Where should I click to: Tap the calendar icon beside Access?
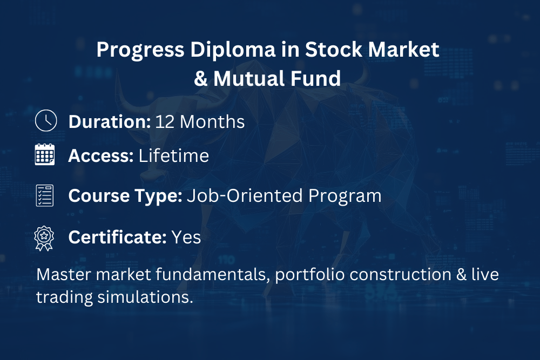click(45, 154)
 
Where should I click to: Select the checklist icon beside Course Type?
click(45, 195)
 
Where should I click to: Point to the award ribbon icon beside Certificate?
click(44, 239)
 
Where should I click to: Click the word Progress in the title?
click(140, 50)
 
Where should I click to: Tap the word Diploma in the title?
click(233, 50)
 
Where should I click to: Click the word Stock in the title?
click(333, 49)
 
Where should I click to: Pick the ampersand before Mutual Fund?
click(200, 79)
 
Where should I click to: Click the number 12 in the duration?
click(165, 122)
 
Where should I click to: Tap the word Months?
click(212, 121)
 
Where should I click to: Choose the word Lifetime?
click(173, 155)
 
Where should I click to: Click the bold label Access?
click(101, 155)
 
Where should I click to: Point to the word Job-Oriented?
click(245, 195)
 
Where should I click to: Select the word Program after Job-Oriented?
click(345, 196)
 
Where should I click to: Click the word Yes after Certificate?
click(186, 237)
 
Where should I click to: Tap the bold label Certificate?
click(117, 237)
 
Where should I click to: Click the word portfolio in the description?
click(310, 275)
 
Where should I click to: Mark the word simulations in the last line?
click(145, 297)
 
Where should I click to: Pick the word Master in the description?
click(64, 275)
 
